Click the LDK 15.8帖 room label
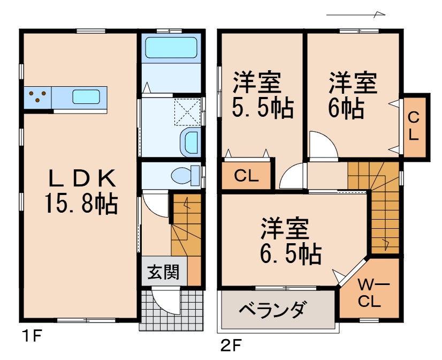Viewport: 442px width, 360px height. pos(80,191)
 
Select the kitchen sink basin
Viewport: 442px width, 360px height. pos(86,97)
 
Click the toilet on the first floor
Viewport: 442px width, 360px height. pos(184,175)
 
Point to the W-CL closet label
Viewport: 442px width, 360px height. pos(369,292)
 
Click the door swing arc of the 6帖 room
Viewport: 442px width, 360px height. pos(323,146)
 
